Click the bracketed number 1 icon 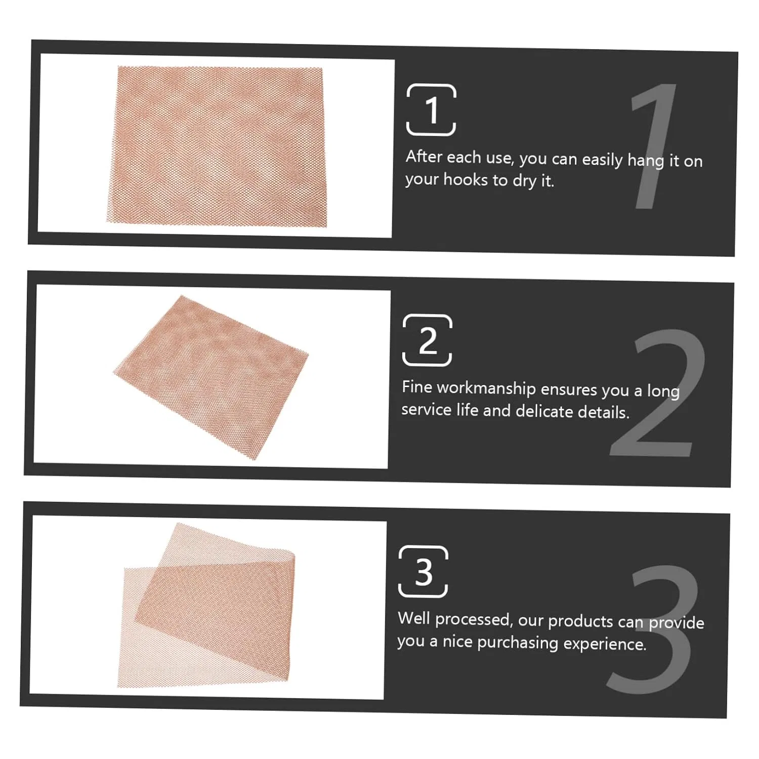tap(431, 110)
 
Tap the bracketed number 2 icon tap(428, 340)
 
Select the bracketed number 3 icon tap(424, 572)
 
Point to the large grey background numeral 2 tap(658, 393)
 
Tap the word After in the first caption tap(424, 156)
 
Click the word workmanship tap(486, 388)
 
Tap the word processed tap(475, 619)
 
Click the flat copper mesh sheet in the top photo tap(217, 146)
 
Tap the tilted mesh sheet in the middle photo tap(210, 377)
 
